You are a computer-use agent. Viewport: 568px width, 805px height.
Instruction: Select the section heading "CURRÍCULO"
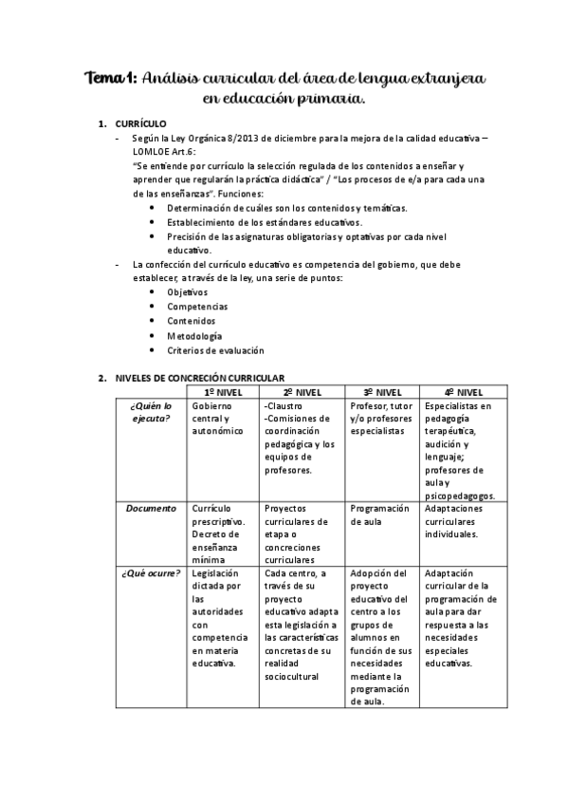pyautogui.click(x=140, y=124)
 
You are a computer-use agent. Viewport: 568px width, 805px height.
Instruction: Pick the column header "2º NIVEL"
pyautogui.click(x=302, y=392)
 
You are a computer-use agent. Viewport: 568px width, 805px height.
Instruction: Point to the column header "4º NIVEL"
pyautogui.click(x=464, y=392)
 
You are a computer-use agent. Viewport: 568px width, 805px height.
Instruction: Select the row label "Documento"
pyautogui.click(x=152, y=509)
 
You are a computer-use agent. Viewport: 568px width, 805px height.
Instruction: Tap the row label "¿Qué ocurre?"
pyautogui.click(x=152, y=573)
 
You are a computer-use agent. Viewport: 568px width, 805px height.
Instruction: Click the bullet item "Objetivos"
pyautogui.click(x=187, y=292)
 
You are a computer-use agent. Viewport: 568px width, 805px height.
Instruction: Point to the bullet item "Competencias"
pyautogui.click(x=196, y=307)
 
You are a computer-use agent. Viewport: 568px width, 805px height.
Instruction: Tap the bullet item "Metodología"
pyautogui.click(x=194, y=336)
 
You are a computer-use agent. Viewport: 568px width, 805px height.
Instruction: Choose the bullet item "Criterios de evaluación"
pyautogui.click(x=215, y=350)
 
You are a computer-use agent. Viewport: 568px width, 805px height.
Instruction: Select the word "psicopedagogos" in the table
pyautogui.click(x=460, y=496)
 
